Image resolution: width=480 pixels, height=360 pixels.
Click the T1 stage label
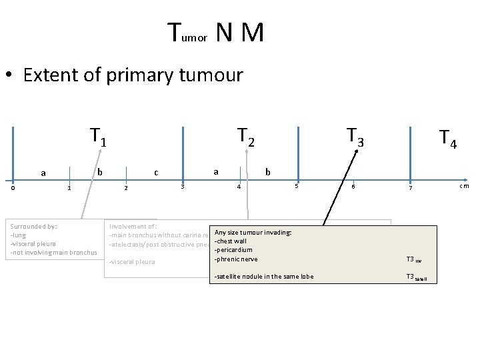point(99,137)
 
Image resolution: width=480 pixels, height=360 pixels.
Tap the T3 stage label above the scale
point(355,137)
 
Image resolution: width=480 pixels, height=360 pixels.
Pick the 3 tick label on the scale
point(183,186)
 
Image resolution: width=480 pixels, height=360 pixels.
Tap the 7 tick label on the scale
point(411,188)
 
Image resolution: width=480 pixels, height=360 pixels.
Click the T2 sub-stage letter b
point(268,172)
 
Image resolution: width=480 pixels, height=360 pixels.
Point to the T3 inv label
point(413,260)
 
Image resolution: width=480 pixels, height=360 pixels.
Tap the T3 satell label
point(417,277)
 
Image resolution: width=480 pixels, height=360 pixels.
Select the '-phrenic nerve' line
point(236,259)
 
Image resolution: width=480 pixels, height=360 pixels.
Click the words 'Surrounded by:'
point(33,226)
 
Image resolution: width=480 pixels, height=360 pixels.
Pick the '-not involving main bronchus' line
point(53,252)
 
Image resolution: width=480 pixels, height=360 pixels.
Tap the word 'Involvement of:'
point(133,226)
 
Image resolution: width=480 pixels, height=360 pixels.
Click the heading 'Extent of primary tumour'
point(133,75)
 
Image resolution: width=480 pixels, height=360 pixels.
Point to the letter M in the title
point(253,33)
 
